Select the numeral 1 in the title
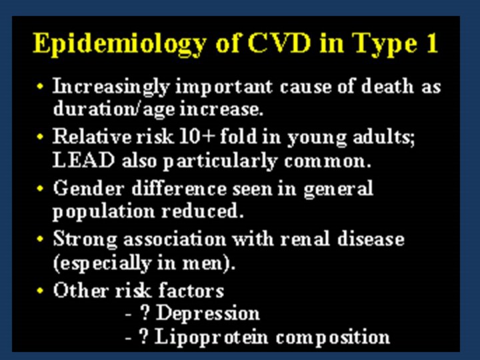(432, 43)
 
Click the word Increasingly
(111, 87)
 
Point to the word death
(387, 86)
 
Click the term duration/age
(113, 109)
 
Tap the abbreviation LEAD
(83, 160)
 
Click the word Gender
(89, 187)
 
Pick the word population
(104, 212)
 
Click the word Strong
(85, 239)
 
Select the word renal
(305, 239)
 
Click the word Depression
(208, 313)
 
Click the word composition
(333, 337)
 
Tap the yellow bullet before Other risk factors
(40, 290)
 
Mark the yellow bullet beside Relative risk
(40, 136)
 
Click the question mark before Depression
(145, 312)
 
